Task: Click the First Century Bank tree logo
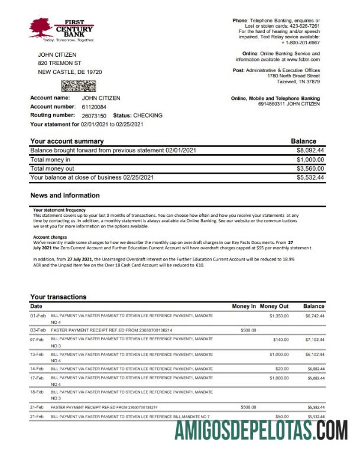click(x=41, y=27)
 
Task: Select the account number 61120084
click(x=94, y=106)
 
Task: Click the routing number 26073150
click(x=94, y=115)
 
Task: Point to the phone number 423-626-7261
click(x=302, y=26)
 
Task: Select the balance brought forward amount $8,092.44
click(x=310, y=151)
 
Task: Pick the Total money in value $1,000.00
click(x=310, y=160)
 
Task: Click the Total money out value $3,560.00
click(x=310, y=168)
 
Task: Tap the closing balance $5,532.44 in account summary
click(x=310, y=177)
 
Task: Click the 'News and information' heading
click(x=64, y=196)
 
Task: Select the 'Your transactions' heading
click(x=59, y=297)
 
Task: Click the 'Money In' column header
click(x=244, y=306)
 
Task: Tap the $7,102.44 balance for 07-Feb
click(x=314, y=340)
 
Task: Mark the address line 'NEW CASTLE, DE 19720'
click(x=70, y=71)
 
